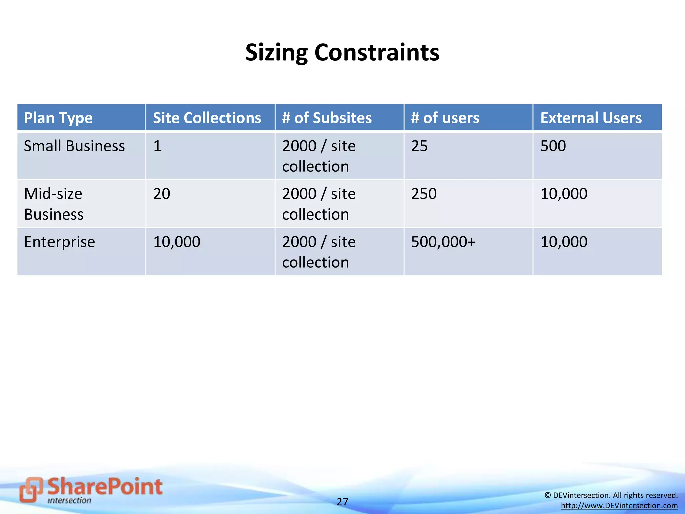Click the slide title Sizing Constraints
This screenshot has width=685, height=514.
pyautogui.click(x=342, y=53)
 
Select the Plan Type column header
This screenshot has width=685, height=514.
pyautogui.click(x=58, y=118)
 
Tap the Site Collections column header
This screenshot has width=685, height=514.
pyautogui.click(x=207, y=118)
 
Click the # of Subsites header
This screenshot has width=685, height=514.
pyautogui.click(x=326, y=118)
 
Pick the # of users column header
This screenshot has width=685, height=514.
pyautogui.click(x=445, y=118)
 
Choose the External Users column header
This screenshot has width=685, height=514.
pyautogui.click(x=591, y=118)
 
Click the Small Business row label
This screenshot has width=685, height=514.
pyautogui.click(x=74, y=146)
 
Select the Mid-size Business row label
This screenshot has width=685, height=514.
pyautogui.click(x=54, y=204)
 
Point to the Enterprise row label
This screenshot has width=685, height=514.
pyautogui.click(x=60, y=242)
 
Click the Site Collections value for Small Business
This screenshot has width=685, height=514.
pyautogui.click(x=157, y=146)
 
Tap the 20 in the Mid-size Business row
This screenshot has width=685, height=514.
pyautogui.click(x=162, y=194)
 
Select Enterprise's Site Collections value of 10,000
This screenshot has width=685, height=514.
pyautogui.click(x=177, y=242)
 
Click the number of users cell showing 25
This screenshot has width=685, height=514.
pyautogui.click(x=419, y=146)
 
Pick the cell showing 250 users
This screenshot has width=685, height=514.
pyautogui.click(x=424, y=194)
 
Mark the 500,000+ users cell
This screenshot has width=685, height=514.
pyautogui.click(x=443, y=242)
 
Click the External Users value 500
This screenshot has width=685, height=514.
pyautogui.click(x=553, y=146)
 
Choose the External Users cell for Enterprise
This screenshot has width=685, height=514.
pyautogui.click(x=564, y=242)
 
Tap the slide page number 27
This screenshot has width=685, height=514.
pyautogui.click(x=342, y=502)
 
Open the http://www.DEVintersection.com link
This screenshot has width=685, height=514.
pyautogui.click(x=619, y=506)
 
